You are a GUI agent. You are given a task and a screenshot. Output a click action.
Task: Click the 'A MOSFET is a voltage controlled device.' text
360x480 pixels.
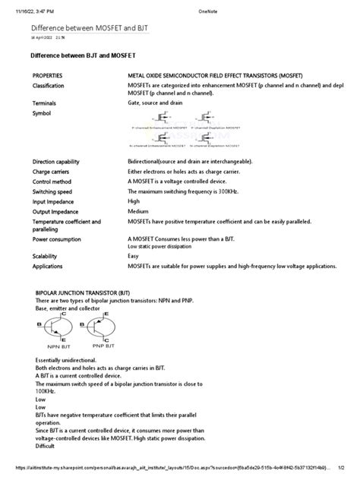[182, 183]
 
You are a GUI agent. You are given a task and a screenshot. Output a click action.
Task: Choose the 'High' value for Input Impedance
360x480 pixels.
[134, 203]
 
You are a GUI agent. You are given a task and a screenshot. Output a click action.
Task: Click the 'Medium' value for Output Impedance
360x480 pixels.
[137, 212]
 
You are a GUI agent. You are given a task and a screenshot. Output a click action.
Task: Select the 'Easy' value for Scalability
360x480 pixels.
[134, 257]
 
